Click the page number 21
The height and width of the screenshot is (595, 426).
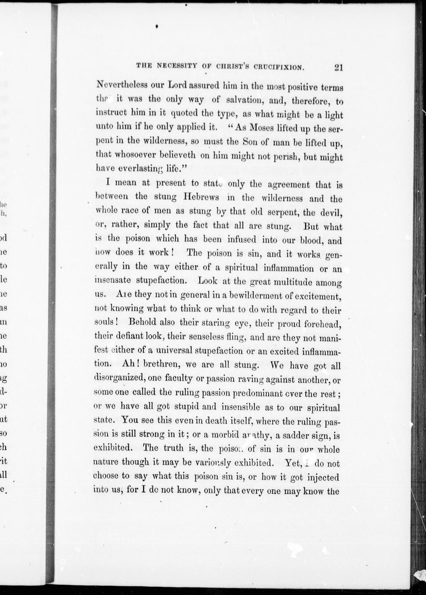pos(338,68)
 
